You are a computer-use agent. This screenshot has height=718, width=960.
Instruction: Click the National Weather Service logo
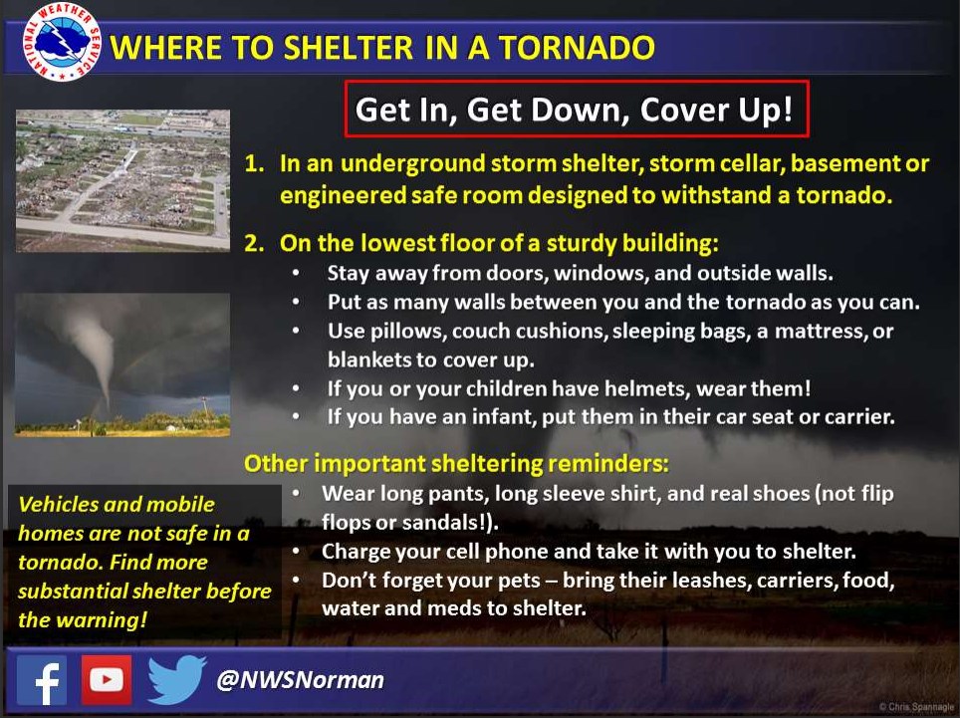(x=61, y=42)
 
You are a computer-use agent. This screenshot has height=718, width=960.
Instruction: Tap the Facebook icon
(x=42, y=680)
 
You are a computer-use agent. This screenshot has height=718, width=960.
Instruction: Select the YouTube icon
(x=107, y=680)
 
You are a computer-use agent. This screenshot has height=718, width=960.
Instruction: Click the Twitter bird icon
(x=176, y=679)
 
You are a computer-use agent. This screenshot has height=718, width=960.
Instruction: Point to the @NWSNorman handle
(x=300, y=680)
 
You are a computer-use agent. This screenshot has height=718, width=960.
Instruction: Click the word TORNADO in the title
(x=577, y=48)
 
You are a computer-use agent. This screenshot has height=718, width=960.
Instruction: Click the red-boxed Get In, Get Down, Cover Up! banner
(x=577, y=109)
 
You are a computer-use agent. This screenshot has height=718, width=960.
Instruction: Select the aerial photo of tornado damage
(x=122, y=180)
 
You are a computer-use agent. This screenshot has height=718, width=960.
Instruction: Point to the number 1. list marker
(x=254, y=164)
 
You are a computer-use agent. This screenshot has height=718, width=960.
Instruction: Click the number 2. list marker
(x=254, y=244)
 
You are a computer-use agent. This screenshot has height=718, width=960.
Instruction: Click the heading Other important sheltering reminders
(x=456, y=464)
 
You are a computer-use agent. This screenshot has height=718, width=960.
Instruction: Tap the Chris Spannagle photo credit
(x=916, y=707)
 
